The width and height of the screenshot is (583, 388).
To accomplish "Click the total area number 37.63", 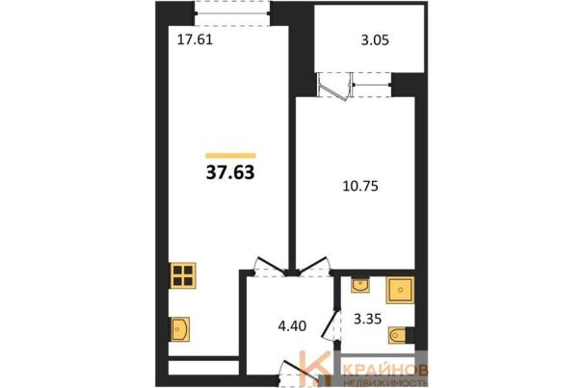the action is click(x=230, y=172).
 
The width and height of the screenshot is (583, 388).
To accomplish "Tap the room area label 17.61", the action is click(x=195, y=39).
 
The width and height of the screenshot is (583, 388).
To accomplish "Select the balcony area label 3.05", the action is click(x=375, y=39).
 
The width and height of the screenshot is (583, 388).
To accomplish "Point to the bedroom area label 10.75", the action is click(x=360, y=186).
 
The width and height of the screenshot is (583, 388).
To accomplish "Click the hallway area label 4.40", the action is click(x=292, y=326).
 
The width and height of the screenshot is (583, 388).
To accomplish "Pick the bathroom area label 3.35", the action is click(x=368, y=319).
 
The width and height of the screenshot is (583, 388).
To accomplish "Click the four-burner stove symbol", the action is click(x=183, y=275).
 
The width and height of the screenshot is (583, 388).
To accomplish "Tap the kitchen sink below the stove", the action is click(x=179, y=329).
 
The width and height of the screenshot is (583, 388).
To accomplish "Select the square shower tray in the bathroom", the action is click(x=400, y=290).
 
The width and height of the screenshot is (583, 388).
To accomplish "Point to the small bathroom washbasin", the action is click(x=359, y=285).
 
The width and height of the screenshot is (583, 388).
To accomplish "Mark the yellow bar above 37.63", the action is click(x=230, y=156).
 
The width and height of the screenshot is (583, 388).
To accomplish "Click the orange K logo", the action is click(x=315, y=369).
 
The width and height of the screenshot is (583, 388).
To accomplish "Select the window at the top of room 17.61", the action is click(x=233, y=13).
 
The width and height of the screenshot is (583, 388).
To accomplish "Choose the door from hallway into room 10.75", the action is click(x=313, y=266).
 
